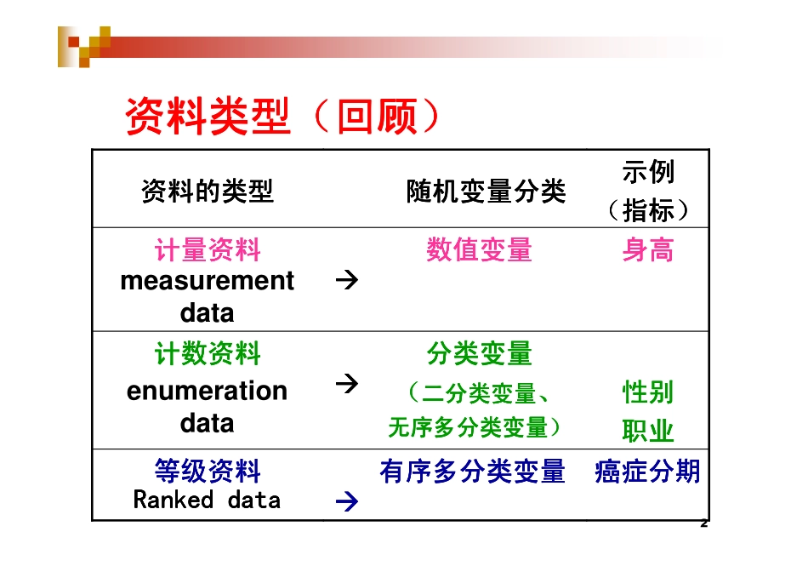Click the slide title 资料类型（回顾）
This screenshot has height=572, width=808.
[283, 117]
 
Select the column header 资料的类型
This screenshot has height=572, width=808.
[208, 192]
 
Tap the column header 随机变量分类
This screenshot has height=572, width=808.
[486, 192]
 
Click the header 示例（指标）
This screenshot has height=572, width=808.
[648, 191]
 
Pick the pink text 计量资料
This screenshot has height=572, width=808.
[208, 250]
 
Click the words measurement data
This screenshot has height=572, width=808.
[208, 296]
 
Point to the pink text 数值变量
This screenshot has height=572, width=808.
[479, 250]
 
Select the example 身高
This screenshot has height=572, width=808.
[648, 250]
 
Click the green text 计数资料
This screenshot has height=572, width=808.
[208, 354]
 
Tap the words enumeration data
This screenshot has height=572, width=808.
[208, 406]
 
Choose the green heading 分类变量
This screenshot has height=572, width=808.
[479, 353]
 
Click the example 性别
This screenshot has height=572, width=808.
[648, 392]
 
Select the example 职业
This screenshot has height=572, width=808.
[648, 431]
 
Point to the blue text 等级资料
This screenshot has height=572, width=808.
[208, 471]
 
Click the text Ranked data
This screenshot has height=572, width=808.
[208, 500]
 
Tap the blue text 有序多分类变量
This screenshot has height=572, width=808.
[473, 472]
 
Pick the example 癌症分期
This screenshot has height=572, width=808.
[648, 472]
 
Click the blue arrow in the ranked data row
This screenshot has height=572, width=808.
[346, 502]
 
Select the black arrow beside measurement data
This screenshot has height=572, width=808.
[346, 279]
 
